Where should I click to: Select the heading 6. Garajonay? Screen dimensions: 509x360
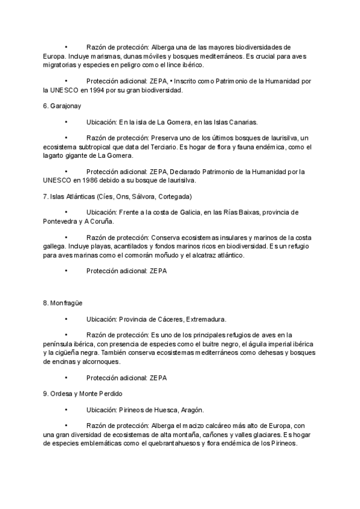tap(62, 106)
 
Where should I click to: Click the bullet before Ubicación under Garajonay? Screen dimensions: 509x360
tap(65, 122)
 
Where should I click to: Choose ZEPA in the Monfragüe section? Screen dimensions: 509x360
tap(158, 378)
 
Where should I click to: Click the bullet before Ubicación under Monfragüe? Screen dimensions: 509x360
tap(65, 319)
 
